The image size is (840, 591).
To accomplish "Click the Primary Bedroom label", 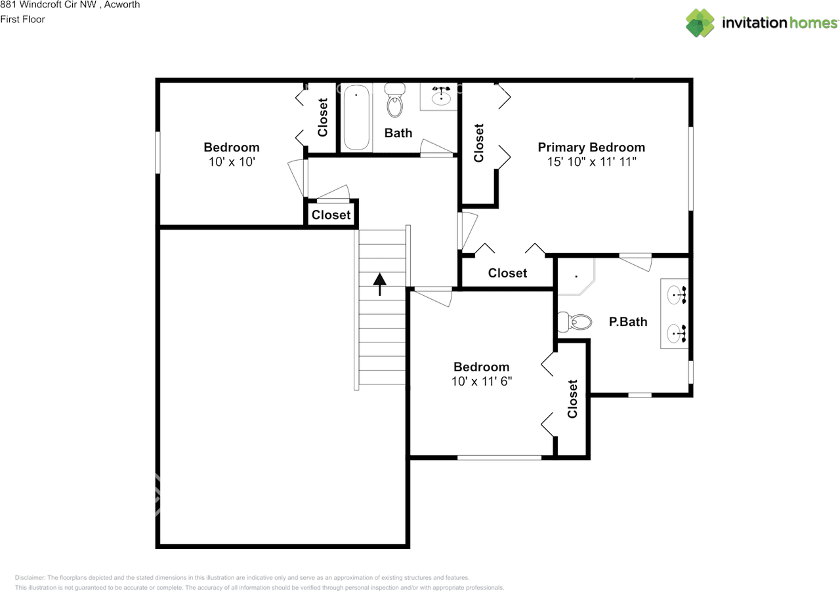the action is pyautogui.click(x=591, y=148).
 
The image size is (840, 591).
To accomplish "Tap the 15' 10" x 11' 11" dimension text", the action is pyautogui.click(x=591, y=162).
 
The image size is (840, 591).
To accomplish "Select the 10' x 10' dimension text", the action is pyautogui.click(x=232, y=162).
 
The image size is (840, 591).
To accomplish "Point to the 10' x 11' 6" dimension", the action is pyautogui.click(x=482, y=382).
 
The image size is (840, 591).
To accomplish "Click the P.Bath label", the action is pyautogui.click(x=628, y=321).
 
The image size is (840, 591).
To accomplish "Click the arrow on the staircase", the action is pyautogui.click(x=380, y=284).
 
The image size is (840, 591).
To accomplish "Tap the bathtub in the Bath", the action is pyautogui.click(x=356, y=117).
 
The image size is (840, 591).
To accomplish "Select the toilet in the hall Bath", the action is pyautogui.click(x=395, y=100).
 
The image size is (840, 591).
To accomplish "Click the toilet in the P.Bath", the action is pyautogui.click(x=575, y=322).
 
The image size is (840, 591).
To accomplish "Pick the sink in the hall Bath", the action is pyautogui.click(x=441, y=96).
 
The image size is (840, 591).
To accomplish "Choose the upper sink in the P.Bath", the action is pyautogui.click(x=677, y=295).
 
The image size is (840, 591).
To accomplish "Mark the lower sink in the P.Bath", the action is pyautogui.click(x=677, y=333).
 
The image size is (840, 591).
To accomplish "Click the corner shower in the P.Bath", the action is pyautogui.click(x=576, y=277).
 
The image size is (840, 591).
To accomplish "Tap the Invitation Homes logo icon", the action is pyautogui.click(x=700, y=23).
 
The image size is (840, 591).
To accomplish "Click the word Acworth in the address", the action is pyautogui.click(x=122, y=5).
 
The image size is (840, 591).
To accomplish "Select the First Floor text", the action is pyautogui.click(x=22, y=20).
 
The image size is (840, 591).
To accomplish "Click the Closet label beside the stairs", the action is pyautogui.click(x=331, y=214).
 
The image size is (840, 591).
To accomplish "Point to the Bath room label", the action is pyautogui.click(x=398, y=132).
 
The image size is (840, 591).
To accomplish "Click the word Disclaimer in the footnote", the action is pyautogui.click(x=30, y=577).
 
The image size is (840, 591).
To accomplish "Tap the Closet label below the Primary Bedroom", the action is pyautogui.click(x=507, y=273).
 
